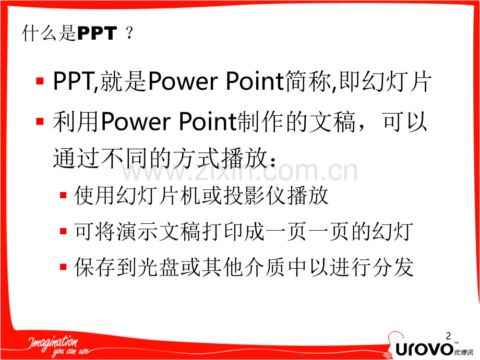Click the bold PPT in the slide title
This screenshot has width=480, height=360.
point(97,34)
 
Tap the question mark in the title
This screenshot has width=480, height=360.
point(129,34)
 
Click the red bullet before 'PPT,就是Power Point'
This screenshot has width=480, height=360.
point(40,82)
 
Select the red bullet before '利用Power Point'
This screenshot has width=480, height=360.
point(40,122)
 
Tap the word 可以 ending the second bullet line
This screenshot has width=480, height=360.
point(405,123)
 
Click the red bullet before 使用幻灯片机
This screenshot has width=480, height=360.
point(63,196)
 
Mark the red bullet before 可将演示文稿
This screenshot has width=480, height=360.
point(63,231)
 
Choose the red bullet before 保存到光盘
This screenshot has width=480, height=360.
point(63,267)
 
